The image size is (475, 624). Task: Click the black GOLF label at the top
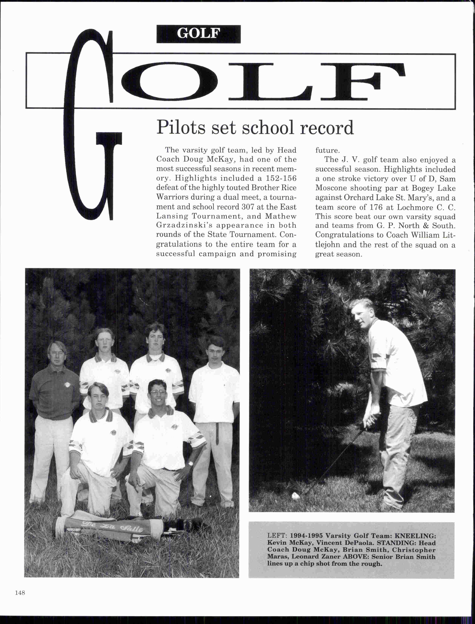[x=198, y=34]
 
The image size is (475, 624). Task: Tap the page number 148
[x=20, y=593]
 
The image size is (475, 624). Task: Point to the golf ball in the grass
[x=295, y=495]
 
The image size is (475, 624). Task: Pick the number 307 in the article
[x=248, y=207]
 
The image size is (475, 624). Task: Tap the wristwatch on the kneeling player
[x=191, y=463]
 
